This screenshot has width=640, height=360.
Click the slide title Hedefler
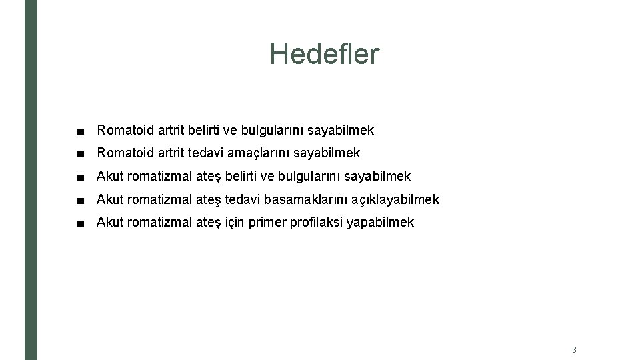pyautogui.click(x=325, y=54)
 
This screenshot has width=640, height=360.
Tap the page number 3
pyautogui.click(x=574, y=349)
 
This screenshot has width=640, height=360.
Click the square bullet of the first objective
pyautogui.click(x=81, y=130)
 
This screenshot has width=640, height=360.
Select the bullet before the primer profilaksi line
pyautogui.click(x=81, y=223)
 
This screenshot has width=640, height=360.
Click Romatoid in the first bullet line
pyautogui.click(x=125, y=130)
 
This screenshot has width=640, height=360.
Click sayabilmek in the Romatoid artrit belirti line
pyautogui.click(x=341, y=130)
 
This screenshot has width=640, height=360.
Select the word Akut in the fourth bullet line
pyautogui.click(x=109, y=199)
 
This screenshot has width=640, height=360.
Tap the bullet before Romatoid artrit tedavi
pyautogui.click(x=81, y=153)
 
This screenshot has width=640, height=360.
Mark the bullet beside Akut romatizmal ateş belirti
pyautogui.click(x=81, y=177)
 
